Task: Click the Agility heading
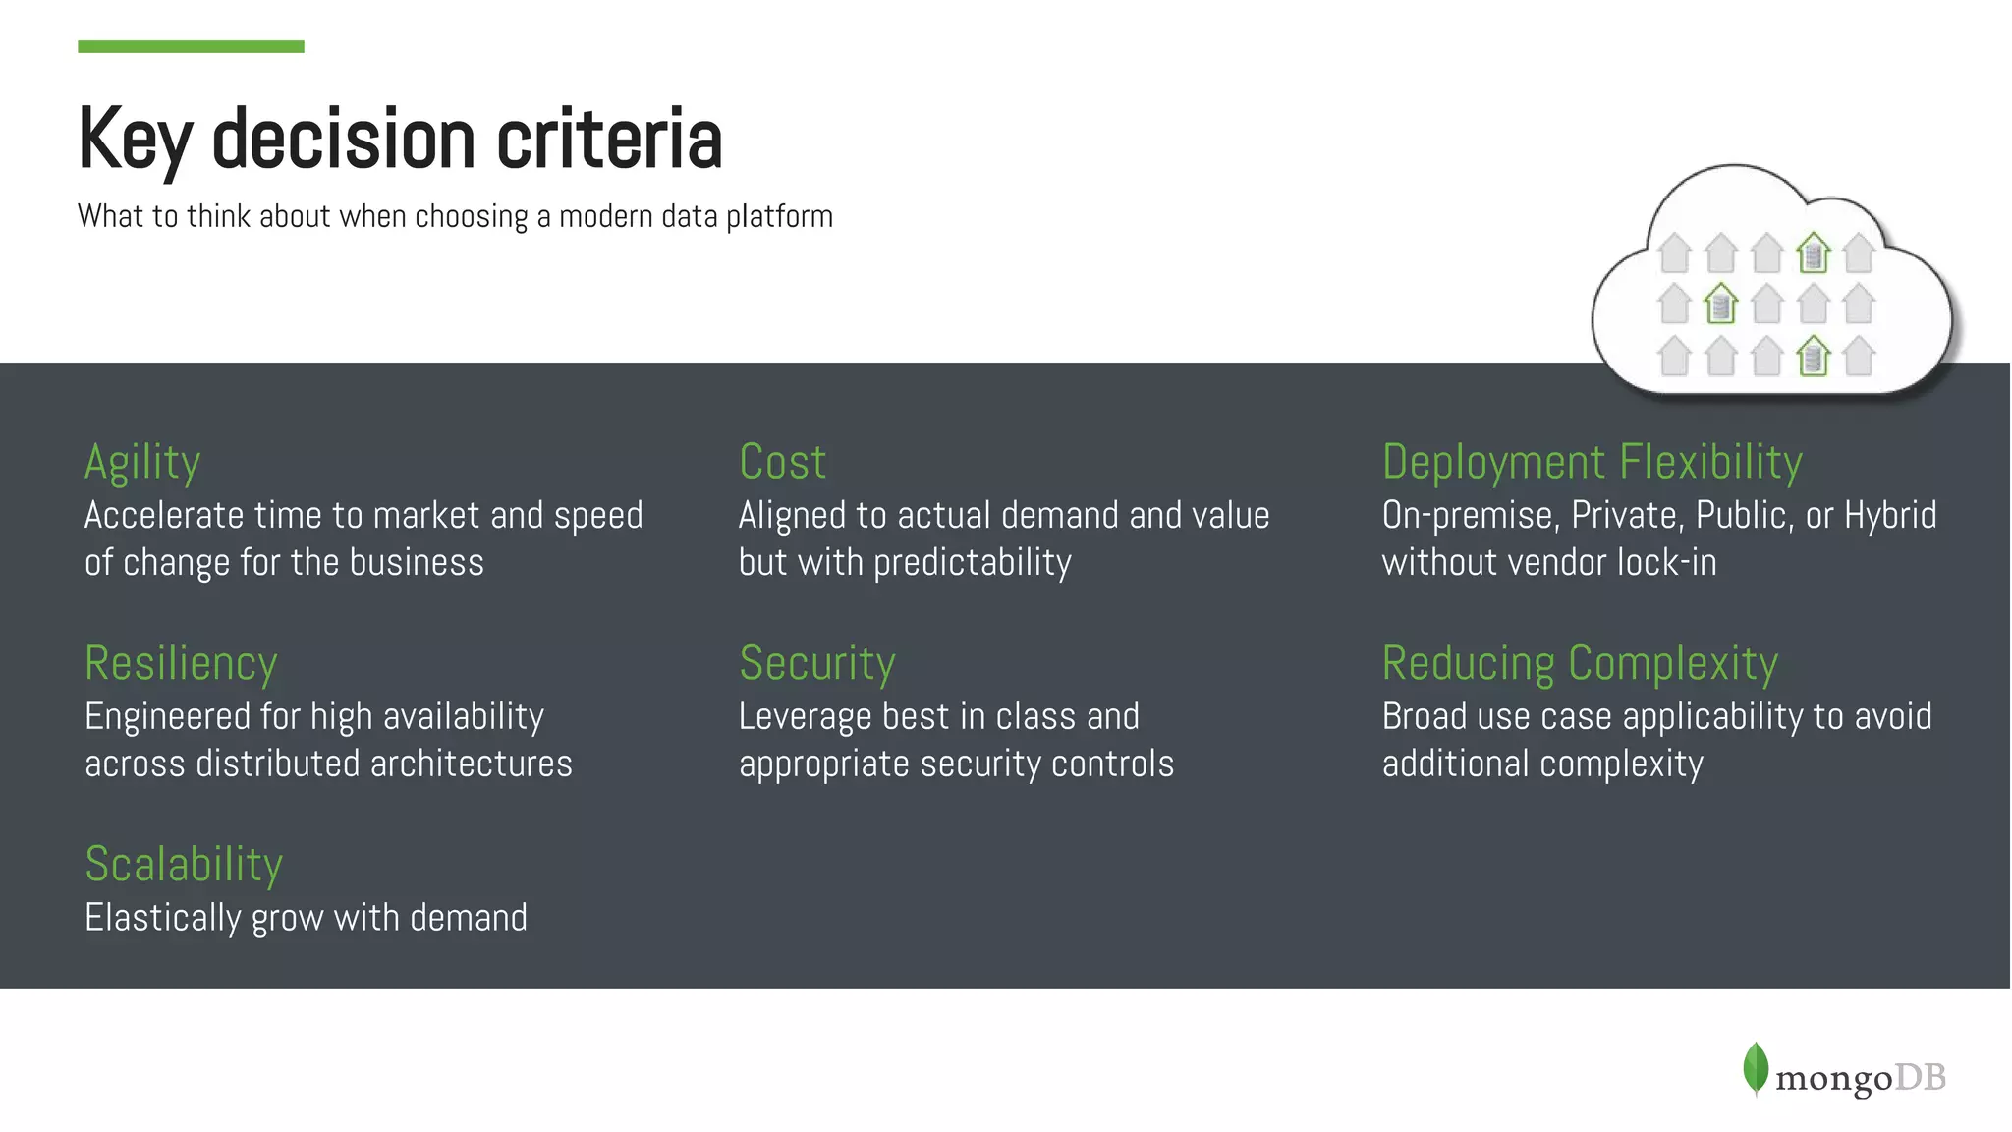tap(142, 462)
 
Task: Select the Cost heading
tap(782, 462)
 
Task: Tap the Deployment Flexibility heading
tap(1592, 462)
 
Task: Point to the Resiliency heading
tap(181, 663)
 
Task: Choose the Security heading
tap(816, 663)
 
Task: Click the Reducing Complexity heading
tap(1580, 663)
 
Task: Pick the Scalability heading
tap(184, 865)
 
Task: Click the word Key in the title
tap(135, 140)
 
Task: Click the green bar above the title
tap(191, 46)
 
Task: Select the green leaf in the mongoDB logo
tap(1755, 1068)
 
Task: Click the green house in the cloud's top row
tap(1813, 253)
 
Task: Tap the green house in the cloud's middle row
tap(1720, 304)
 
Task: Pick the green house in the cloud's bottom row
tap(1813, 356)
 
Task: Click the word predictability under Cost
tap(972, 563)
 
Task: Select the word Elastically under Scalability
tap(162, 918)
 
